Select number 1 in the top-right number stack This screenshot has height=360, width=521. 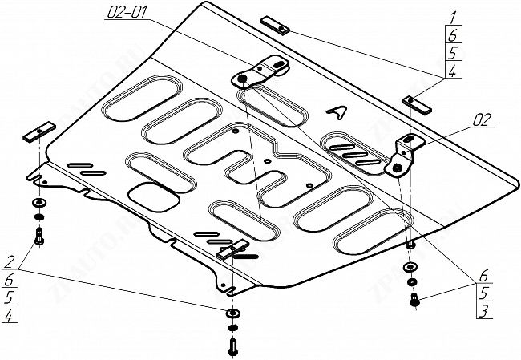click(x=453, y=17)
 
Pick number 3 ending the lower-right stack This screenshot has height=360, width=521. click(x=486, y=310)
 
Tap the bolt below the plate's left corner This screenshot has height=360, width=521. click(x=39, y=236)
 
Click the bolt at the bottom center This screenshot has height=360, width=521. click(x=232, y=346)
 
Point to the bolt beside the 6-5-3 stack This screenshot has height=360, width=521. click(x=413, y=300)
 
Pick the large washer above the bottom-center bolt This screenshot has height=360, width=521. click(x=232, y=313)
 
